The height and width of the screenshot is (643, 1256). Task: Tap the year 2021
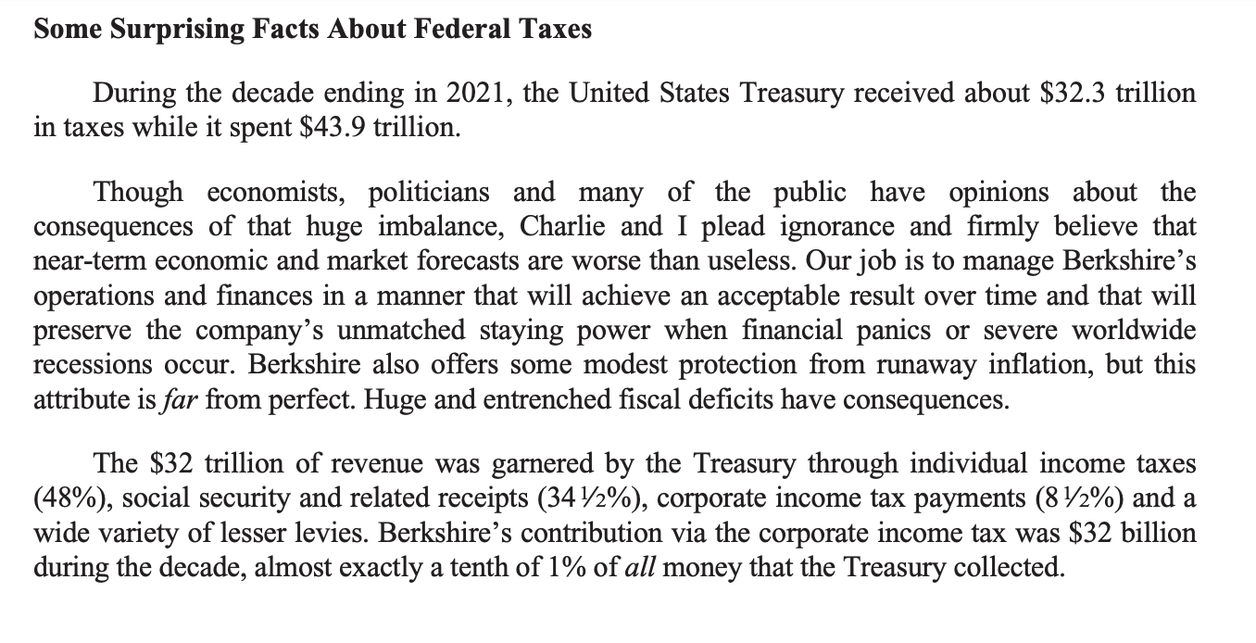pyautogui.click(x=474, y=94)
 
